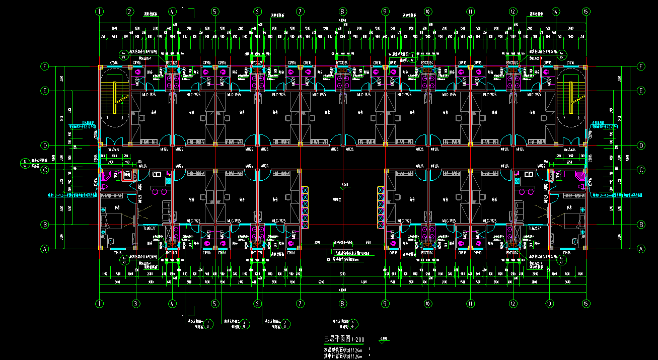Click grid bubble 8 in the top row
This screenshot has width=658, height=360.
click(x=342, y=11)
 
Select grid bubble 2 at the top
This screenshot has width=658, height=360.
click(x=130, y=11)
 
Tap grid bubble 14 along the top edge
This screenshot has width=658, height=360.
click(x=555, y=11)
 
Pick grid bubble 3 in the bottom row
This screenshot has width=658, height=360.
click(x=135, y=304)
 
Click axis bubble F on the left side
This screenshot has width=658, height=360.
click(x=45, y=66)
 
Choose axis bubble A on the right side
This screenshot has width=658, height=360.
click(x=641, y=248)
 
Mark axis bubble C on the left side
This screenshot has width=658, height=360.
click(x=45, y=170)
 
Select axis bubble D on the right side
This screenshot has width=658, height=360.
click(x=641, y=146)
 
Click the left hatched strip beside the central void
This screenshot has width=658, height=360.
click(x=305, y=206)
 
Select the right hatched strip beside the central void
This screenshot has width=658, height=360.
click(x=381, y=206)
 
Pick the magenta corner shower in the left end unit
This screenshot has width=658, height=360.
click(x=107, y=175)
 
